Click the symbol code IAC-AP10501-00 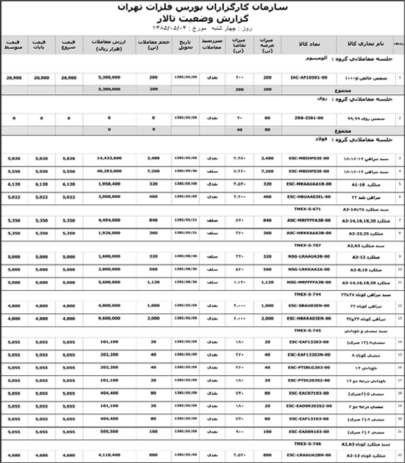click(x=309, y=78)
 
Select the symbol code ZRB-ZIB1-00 click(x=309, y=118)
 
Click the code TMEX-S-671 click(x=307, y=209)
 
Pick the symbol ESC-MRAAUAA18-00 click(x=309, y=184)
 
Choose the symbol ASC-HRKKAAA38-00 click(x=309, y=233)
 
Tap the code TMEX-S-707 click(x=307, y=245)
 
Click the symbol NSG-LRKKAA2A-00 click(x=309, y=269)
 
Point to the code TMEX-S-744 click(x=307, y=294)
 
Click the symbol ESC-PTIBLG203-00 click(x=309, y=368)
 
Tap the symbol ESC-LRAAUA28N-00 click(x=309, y=455)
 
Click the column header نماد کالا click(x=309, y=44)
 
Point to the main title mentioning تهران click(x=202, y=7)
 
